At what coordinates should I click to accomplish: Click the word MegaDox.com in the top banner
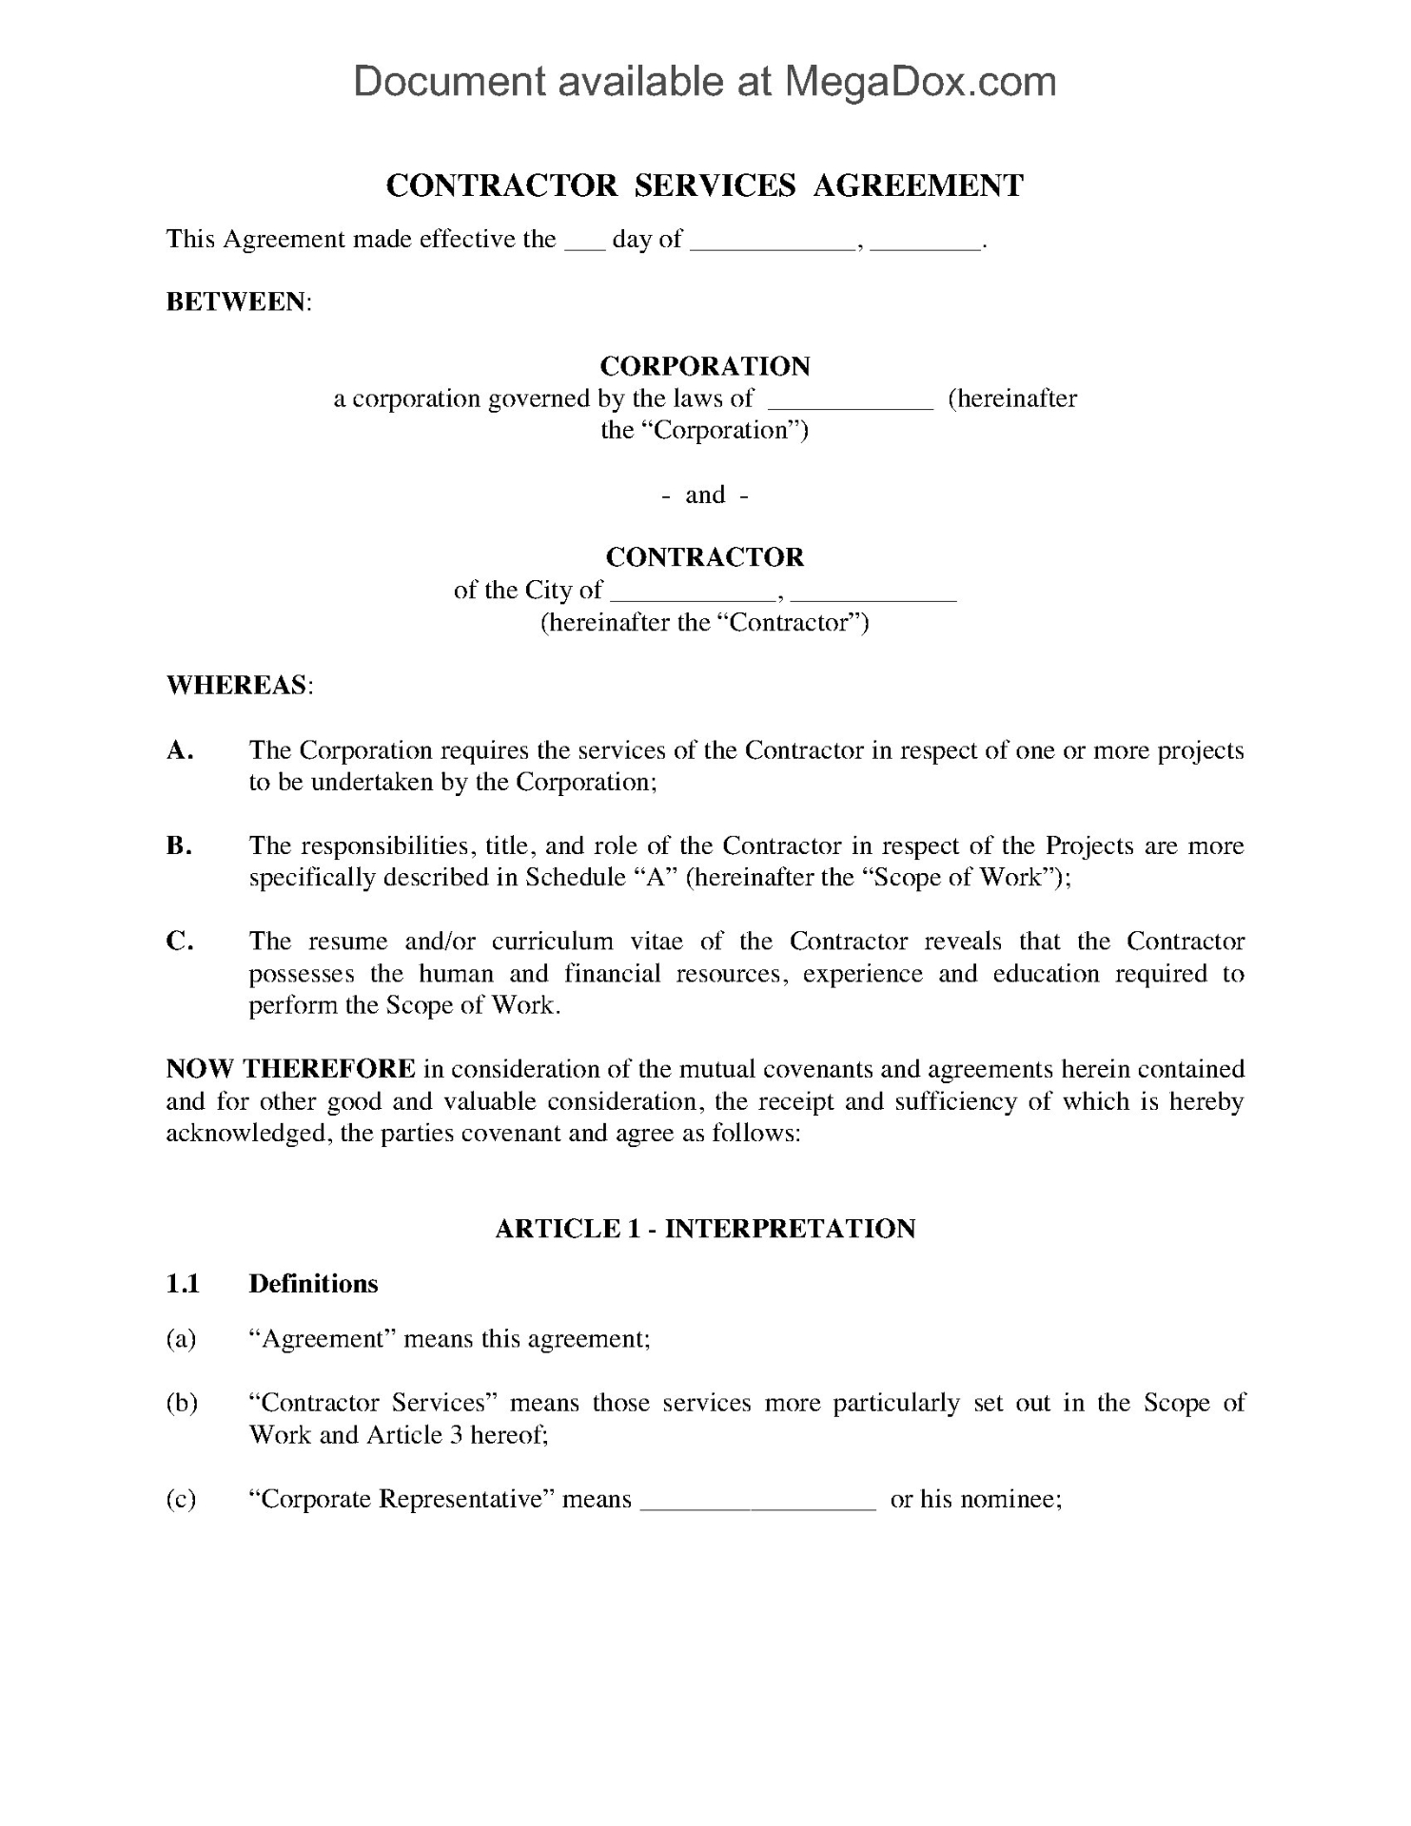(x=919, y=82)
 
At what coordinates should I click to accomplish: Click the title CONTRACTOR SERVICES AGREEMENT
(x=704, y=185)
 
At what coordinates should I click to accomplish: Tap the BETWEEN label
(x=237, y=302)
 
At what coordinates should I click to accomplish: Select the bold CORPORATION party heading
(x=704, y=366)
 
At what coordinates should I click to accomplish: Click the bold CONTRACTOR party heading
(x=704, y=556)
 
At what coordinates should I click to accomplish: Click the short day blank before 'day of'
(x=584, y=242)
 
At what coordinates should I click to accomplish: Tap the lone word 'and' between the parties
(x=705, y=495)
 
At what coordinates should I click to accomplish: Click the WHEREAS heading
(x=237, y=686)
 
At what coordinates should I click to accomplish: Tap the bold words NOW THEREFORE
(x=290, y=1069)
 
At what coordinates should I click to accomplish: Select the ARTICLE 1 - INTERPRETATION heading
(x=704, y=1229)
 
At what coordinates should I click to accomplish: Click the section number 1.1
(x=183, y=1284)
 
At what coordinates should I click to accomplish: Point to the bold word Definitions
(x=313, y=1284)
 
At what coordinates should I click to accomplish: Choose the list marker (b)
(x=181, y=1403)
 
